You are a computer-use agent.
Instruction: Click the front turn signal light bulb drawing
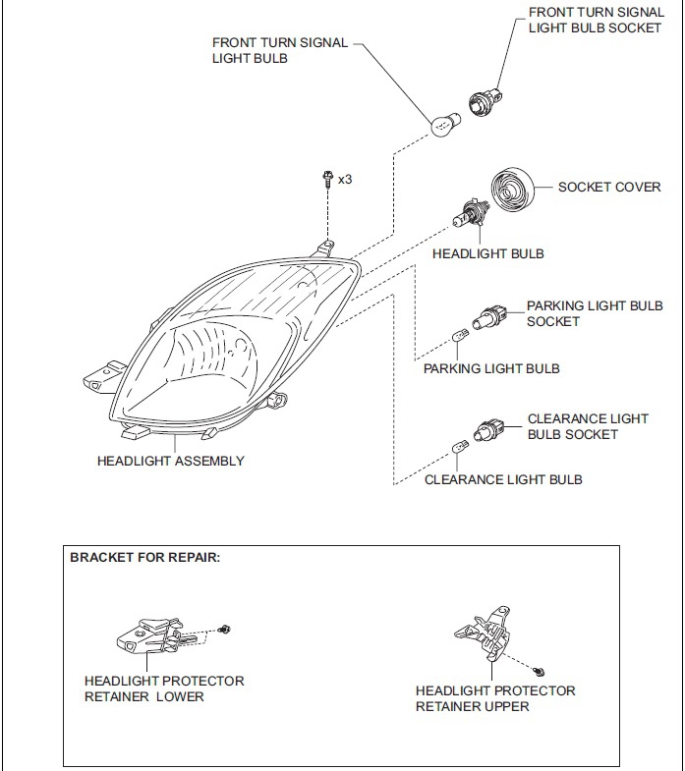(x=443, y=124)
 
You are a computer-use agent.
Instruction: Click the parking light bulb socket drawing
(x=490, y=318)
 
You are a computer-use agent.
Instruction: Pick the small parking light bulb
(x=458, y=338)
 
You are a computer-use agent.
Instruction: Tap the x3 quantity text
(x=345, y=180)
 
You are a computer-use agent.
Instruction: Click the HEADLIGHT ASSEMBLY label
(x=171, y=461)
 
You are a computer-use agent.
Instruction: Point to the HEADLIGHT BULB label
(x=487, y=253)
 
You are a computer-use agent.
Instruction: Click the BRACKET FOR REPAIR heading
(x=145, y=557)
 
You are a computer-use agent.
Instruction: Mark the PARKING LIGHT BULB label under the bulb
(x=491, y=368)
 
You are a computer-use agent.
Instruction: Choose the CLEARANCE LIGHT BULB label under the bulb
(x=503, y=479)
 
